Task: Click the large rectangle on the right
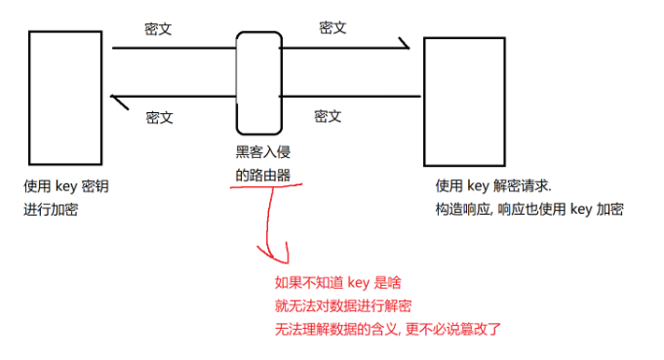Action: [x=463, y=101]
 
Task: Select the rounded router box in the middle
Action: [x=257, y=82]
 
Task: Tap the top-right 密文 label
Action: [x=332, y=27]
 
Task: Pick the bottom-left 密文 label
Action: [x=159, y=117]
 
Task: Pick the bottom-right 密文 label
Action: [x=328, y=116]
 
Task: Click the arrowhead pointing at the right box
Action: [x=404, y=45]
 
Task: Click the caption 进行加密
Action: [x=50, y=209]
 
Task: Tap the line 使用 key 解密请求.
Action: [x=493, y=185]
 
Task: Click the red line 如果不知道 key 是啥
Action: [x=338, y=283]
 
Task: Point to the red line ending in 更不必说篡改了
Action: [x=388, y=329]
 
